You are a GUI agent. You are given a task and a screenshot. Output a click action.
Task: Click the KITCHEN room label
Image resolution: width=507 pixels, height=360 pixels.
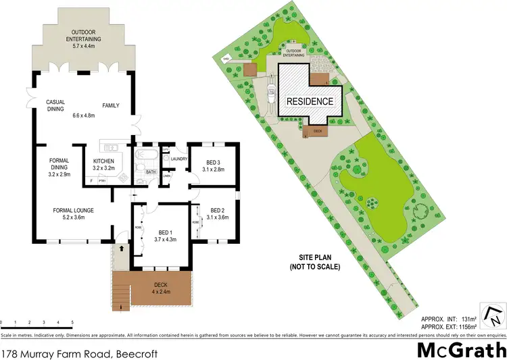[104, 161]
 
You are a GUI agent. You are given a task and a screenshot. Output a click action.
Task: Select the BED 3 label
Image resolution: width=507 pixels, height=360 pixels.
[212, 162]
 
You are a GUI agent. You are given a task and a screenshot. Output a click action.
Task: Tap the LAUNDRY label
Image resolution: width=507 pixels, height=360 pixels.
[179, 159]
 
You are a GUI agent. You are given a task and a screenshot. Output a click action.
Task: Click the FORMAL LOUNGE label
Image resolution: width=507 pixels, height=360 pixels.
[73, 210]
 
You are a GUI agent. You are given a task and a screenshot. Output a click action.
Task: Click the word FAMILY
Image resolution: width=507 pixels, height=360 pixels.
[111, 105]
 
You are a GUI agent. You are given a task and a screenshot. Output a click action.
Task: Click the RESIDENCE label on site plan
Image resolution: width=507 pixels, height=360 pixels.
[310, 101]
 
